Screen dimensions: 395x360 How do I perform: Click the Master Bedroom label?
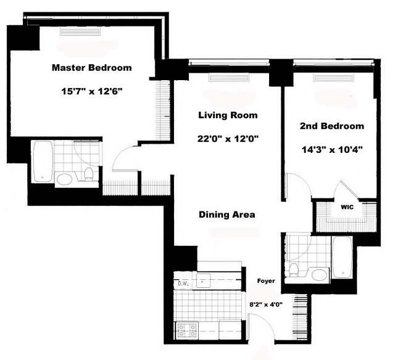coord(92,68)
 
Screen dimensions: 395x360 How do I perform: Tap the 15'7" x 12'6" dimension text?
coord(92,91)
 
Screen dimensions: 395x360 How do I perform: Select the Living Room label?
coord(228,115)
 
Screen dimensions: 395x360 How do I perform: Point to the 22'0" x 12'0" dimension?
coord(228,139)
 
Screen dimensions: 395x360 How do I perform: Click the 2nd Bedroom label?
coord(332,126)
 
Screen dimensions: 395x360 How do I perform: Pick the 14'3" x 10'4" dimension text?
coord(332,150)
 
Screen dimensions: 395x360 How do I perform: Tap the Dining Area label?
coord(227,215)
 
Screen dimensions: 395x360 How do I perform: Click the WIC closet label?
coord(347,207)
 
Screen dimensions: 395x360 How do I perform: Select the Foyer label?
coord(266,280)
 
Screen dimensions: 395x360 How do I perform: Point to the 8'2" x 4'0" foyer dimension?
coord(266,305)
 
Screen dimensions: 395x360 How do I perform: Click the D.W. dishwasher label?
coord(183,284)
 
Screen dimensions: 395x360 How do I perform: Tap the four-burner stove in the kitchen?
coord(187,330)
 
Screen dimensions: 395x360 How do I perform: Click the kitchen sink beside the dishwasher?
coord(203,280)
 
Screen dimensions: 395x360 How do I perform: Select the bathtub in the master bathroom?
coord(43,161)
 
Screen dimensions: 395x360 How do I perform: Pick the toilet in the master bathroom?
coord(88,174)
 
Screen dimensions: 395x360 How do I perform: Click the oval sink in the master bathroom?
coord(64,179)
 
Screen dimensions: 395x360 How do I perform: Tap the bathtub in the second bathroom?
coord(341,257)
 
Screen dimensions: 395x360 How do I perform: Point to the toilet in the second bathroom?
coord(293,269)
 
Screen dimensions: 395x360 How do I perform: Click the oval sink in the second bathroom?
coord(320,275)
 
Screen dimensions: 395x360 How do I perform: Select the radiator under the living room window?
coord(229,78)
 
